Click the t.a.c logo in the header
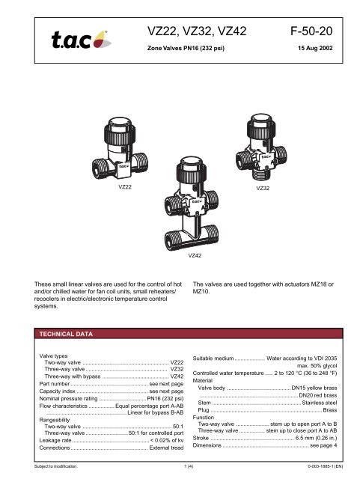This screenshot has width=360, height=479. coord(82,40)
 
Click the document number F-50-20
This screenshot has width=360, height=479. coord(311,31)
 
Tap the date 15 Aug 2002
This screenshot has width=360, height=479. coord(315,48)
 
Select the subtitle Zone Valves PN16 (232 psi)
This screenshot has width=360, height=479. coord(186,48)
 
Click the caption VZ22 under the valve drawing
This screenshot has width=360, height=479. coord(125,187)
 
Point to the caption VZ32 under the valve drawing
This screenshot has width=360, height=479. coord(263,188)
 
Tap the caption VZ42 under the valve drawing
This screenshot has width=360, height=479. coord(195,255)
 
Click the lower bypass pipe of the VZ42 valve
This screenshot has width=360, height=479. coord(192,238)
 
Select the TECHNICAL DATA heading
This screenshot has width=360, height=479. coord(66,334)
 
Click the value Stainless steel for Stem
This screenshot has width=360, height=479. coord(320,403)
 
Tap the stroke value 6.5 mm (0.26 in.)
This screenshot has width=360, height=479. coord(316,438)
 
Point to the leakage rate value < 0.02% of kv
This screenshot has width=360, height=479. coord(167,440)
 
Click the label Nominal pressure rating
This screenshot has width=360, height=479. coord(68,398)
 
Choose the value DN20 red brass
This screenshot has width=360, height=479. coord(318,395)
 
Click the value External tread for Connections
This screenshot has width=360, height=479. coord(167,448)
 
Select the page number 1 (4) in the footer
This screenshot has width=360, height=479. coord(189,466)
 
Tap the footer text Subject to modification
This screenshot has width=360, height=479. coord(56,466)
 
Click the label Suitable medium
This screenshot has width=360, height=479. coord(213,359)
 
